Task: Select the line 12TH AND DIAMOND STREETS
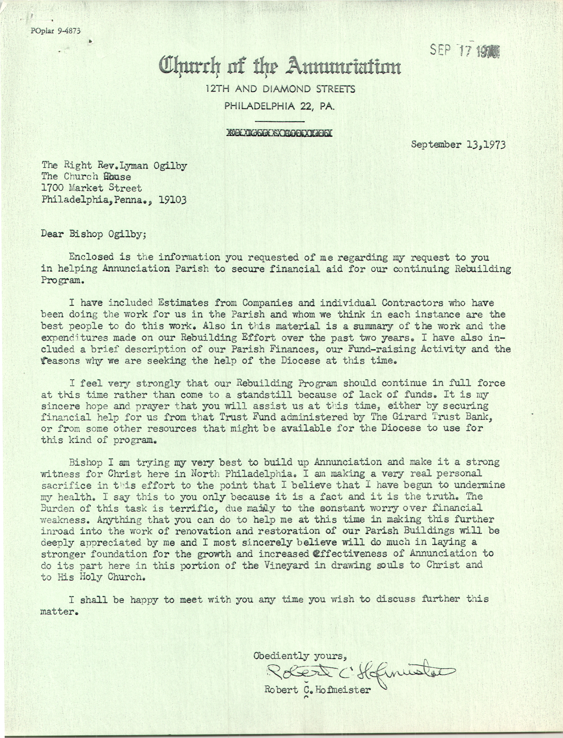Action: (x=280, y=89)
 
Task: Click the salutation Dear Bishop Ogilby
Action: (x=94, y=234)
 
